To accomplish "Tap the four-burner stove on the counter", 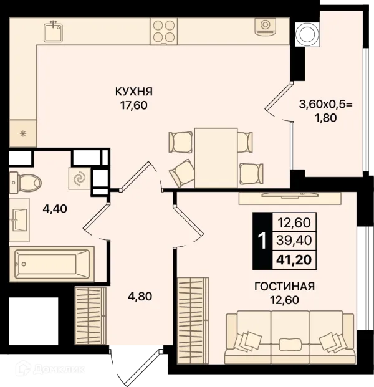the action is coord(164,31).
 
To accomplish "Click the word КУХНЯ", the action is coord(134,92).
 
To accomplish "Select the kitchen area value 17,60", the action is coord(134,105).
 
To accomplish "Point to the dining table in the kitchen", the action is coord(216,158).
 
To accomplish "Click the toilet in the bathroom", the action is coord(25,183).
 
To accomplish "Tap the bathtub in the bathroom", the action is coord(52,264).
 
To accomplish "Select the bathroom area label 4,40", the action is coord(55,209).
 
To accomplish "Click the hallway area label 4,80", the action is coord(140,296).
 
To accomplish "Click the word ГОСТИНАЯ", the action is coord(285,287).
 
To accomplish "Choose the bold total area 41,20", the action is coord(294,260).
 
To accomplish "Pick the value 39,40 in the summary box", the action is coord(294,240).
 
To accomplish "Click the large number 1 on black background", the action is coord(262,241).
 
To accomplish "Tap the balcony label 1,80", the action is coord(325,118).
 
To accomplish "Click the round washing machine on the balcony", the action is coord(307,34).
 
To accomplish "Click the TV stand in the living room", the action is coord(290,198).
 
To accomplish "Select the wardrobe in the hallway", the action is coord(90,315).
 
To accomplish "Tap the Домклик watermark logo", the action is coord(50,369).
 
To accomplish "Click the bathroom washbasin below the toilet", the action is coord(19,219).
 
